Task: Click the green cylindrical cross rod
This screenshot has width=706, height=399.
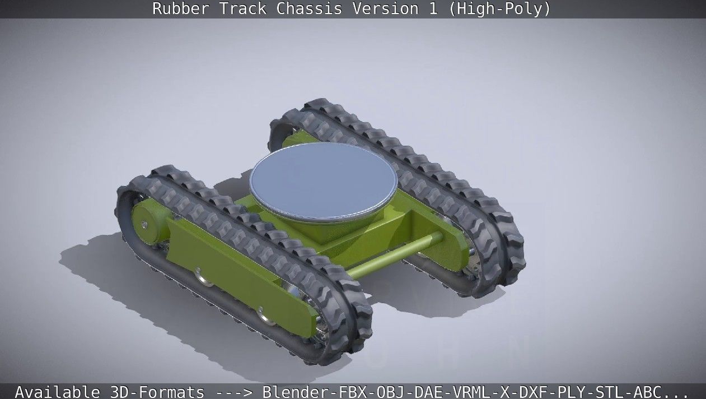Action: pyautogui.click(x=392, y=256)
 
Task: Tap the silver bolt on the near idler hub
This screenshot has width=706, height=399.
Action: pyautogui.click(x=145, y=225)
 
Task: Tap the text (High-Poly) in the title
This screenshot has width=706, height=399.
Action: pyautogui.click(x=499, y=9)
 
